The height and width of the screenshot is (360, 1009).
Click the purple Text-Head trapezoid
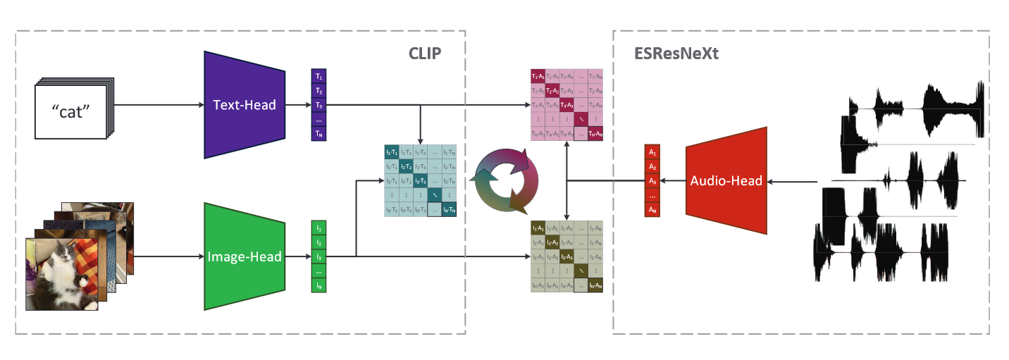(x=244, y=105)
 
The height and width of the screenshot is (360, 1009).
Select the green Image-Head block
(x=244, y=256)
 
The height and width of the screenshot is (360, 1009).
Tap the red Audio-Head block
(x=726, y=181)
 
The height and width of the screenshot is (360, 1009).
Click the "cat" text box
(x=70, y=111)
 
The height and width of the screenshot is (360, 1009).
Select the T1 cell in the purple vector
(x=319, y=76)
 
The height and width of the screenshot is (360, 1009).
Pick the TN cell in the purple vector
(x=319, y=134)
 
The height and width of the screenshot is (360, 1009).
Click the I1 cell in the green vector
(x=319, y=228)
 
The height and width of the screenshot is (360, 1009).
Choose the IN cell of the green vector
(x=319, y=285)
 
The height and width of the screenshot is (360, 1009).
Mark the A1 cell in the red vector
(x=652, y=153)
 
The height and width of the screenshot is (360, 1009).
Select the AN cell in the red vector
(x=652, y=210)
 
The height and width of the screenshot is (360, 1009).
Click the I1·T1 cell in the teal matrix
(x=391, y=151)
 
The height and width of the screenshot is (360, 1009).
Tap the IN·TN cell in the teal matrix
(x=450, y=209)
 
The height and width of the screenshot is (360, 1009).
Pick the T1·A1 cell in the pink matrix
(x=539, y=76)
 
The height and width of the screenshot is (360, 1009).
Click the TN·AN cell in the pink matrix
(x=598, y=134)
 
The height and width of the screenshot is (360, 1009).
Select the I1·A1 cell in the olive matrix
(x=539, y=228)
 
